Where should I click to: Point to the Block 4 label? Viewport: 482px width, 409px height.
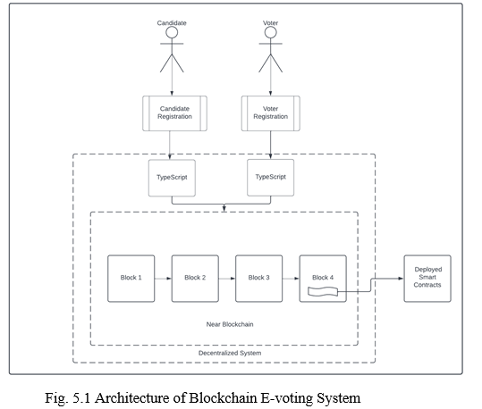[x=323, y=278]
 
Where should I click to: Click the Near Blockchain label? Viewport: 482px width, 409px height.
[x=230, y=324]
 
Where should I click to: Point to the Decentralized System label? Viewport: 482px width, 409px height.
[x=230, y=353]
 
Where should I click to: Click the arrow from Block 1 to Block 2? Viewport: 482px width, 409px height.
[x=163, y=279]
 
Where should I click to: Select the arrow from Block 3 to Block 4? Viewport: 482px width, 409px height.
[x=291, y=279]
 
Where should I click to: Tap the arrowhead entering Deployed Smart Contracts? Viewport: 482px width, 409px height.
[x=401, y=279]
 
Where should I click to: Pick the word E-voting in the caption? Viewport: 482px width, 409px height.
[x=287, y=399]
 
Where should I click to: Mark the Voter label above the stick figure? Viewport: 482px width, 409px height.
[x=270, y=23]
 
